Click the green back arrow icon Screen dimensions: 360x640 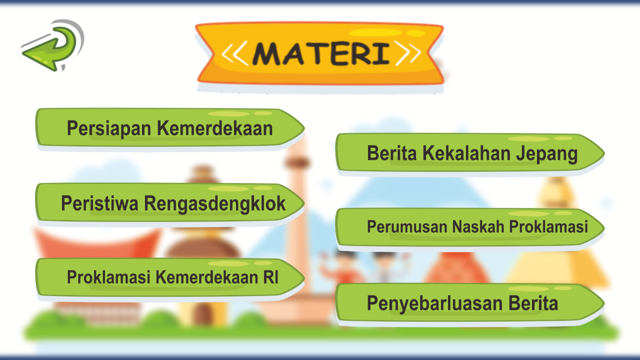tap(50, 46)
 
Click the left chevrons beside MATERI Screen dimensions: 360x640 tap(234, 53)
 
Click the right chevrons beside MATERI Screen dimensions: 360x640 tap(407, 53)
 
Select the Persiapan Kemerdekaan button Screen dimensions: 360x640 tap(169, 128)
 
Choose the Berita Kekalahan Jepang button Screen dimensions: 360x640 tap(470, 153)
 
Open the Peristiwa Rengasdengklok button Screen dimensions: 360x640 tap(169, 203)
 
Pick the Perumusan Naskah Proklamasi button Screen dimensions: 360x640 tap(470, 227)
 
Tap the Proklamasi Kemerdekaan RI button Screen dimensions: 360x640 tap(169, 277)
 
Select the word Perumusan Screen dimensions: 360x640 tap(407, 227)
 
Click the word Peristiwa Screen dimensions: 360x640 tap(99, 203)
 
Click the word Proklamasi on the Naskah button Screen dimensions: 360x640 tap(548, 227)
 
